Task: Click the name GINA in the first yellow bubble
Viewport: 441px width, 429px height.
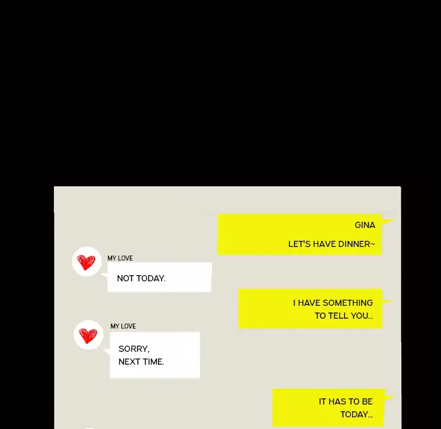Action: [x=365, y=225]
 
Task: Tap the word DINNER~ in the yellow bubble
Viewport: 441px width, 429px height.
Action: [x=356, y=244]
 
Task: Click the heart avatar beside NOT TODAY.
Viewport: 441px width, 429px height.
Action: [x=86, y=262]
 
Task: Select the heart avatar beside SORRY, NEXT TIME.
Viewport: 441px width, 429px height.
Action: [x=88, y=335]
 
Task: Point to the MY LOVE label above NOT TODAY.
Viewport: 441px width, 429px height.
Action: [x=120, y=258]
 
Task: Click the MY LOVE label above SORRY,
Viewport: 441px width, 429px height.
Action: [x=123, y=326]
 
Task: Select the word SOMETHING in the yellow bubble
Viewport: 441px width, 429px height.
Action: [x=348, y=303]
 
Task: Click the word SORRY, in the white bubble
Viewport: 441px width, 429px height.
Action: [x=134, y=349]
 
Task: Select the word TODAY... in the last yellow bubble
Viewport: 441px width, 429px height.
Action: [x=356, y=414]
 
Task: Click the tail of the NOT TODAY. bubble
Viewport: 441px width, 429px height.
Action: [x=104, y=275]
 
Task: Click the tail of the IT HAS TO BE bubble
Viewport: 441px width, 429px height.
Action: [x=389, y=398]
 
